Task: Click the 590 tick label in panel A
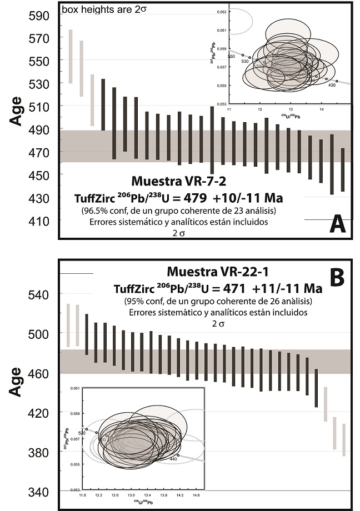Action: [38, 15]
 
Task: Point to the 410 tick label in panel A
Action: [38, 221]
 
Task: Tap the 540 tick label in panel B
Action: [38, 294]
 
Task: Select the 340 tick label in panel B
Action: [38, 492]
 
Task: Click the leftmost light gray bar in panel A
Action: [71, 56]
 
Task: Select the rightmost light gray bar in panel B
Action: [344, 439]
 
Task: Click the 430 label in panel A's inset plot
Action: [332, 85]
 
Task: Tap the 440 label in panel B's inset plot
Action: [173, 459]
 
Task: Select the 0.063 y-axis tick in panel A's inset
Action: [222, 12]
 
